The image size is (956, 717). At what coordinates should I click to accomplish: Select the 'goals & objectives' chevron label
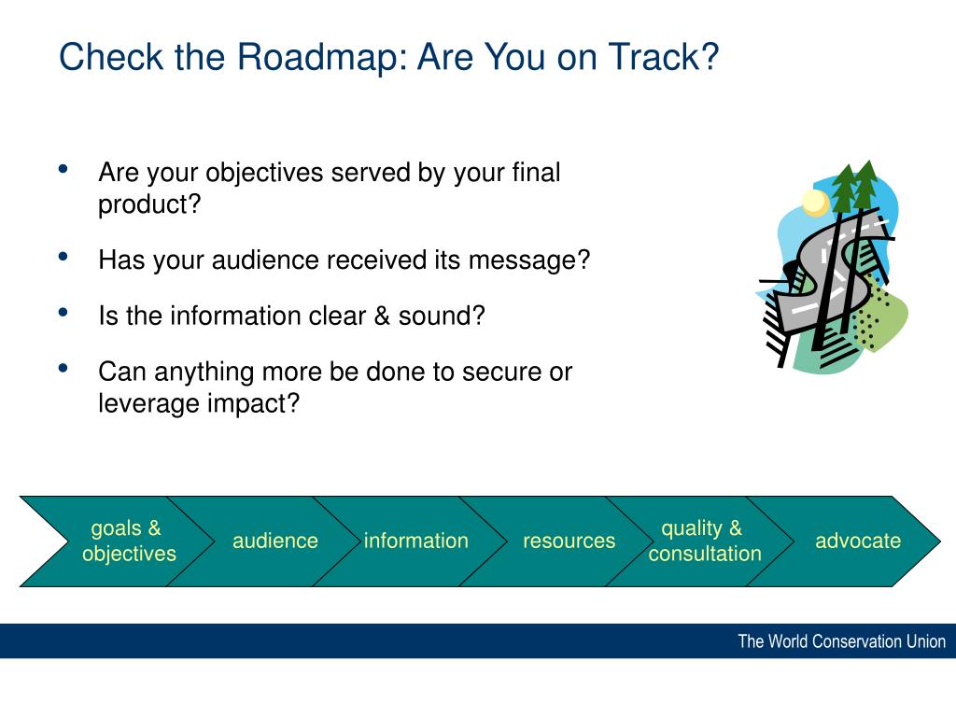(x=129, y=541)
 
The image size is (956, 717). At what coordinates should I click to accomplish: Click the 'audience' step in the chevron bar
(x=275, y=541)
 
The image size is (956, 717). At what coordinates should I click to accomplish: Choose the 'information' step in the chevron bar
(x=415, y=541)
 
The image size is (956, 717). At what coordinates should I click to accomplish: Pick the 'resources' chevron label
(x=569, y=541)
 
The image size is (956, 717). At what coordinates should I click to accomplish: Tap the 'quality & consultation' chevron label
(x=704, y=541)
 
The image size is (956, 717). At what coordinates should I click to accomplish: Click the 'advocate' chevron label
(x=858, y=541)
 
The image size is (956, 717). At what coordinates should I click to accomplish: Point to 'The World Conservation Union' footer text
(x=841, y=641)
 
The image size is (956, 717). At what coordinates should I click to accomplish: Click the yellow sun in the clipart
(x=815, y=203)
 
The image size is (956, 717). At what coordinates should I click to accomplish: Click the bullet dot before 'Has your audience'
(x=63, y=257)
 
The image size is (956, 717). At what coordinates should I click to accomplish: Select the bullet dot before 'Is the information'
(x=63, y=313)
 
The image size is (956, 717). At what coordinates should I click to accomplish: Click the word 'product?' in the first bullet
(x=149, y=204)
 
